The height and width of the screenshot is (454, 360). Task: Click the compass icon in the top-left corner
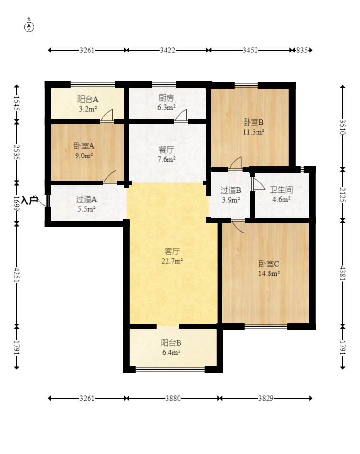29,27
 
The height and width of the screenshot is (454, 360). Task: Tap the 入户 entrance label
29,200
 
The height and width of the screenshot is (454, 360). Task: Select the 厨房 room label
167,98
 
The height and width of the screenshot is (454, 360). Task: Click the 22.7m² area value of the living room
172,261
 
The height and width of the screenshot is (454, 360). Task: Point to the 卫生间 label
282,190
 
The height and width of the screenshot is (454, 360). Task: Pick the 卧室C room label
269,264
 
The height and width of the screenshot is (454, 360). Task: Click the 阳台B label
171,343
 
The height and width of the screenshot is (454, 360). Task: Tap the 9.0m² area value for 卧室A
84,156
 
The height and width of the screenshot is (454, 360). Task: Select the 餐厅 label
167,150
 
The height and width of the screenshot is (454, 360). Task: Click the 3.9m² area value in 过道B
231,200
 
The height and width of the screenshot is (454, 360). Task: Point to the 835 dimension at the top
302,50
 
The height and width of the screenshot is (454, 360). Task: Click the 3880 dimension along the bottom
173,398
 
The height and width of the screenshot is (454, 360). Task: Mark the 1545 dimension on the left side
17,104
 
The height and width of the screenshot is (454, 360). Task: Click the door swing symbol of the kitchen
181,116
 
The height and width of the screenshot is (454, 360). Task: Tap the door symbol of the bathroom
258,184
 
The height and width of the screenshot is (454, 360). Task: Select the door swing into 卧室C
238,226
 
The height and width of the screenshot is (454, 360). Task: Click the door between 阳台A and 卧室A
107,116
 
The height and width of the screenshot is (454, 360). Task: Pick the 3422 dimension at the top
167,50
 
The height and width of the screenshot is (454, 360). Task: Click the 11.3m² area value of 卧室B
254,132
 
